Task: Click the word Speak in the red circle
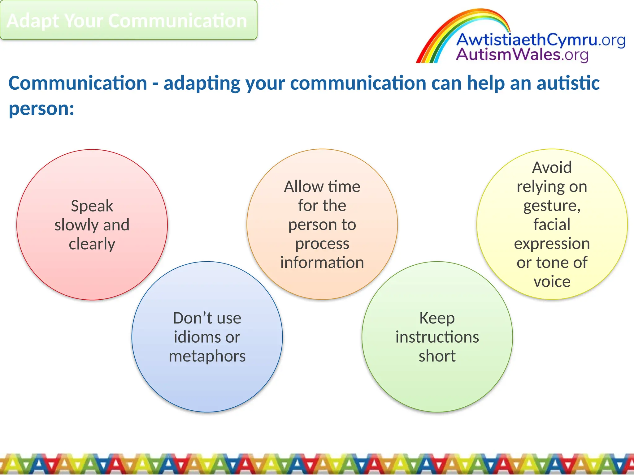(x=92, y=206)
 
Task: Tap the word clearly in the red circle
(x=92, y=244)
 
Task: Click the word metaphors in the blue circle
(x=207, y=356)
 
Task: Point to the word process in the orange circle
(x=322, y=244)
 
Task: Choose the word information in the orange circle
(x=322, y=263)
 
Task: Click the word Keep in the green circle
(x=437, y=318)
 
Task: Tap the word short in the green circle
(x=437, y=356)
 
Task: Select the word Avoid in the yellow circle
(x=552, y=168)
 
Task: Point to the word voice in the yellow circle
(x=552, y=282)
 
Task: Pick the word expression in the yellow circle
(x=552, y=244)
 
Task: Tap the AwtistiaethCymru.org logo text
(x=540, y=41)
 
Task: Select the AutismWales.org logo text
(x=522, y=55)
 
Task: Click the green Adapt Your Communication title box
(x=128, y=20)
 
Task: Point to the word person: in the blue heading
(x=41, y=109)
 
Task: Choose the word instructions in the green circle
(x=437, y=337)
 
